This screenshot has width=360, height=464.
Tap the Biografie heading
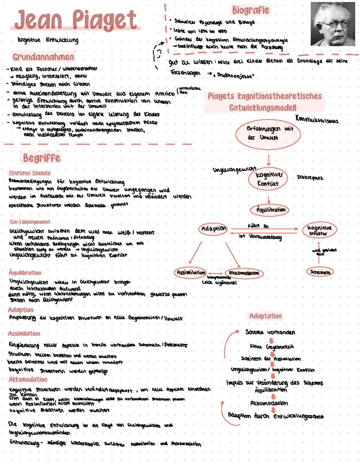coord(250,10)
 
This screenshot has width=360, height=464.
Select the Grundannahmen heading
coord(43,57)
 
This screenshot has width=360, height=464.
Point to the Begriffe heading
coord(42,158)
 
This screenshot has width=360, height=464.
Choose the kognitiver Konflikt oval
coord(268,179)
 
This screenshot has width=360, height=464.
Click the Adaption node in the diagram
coord(214,229)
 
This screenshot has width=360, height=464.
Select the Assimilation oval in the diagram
coord(190,272)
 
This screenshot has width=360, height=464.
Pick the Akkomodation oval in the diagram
coord(244,273)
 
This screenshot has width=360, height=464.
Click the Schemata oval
coord(320,272)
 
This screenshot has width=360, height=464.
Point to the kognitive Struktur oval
coord(319,230)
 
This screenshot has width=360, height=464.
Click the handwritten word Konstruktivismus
coord(317,119)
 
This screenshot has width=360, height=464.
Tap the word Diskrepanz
coord(310,178)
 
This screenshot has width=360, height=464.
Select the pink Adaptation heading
coord(265,316)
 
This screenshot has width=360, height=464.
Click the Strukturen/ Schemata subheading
coord(30,173)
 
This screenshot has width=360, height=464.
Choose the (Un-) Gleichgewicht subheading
coord(30,222)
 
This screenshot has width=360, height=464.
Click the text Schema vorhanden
coord(270,332)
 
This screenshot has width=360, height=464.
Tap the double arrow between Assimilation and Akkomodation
coord(215,273)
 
